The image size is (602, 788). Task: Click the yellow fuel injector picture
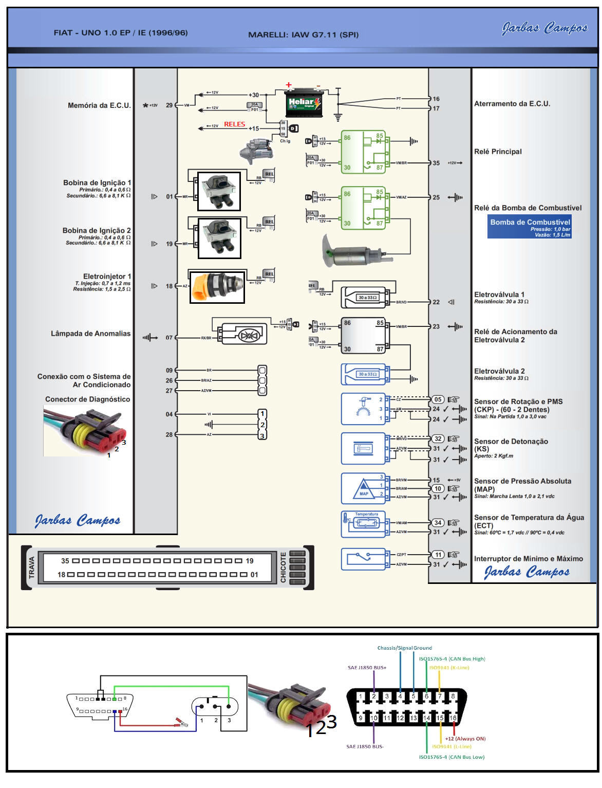[x=217, y=287]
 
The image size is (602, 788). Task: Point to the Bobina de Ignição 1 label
[x=97, y=182]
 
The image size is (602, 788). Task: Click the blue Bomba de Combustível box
[x=530, y=226]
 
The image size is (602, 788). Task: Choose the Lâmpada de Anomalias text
[x=90, y=334]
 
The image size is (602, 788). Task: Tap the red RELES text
[x=234, y=124]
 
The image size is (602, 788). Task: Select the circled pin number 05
[x=438, y=399]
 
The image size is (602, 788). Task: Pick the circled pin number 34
[x=438, y=523]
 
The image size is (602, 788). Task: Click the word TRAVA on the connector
[x=32, y=567]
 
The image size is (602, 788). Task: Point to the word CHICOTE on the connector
[x=283, y=567]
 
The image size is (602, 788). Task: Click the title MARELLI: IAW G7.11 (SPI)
[x=303, y=35]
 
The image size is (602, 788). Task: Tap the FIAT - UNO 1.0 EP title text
[x=121, y=33]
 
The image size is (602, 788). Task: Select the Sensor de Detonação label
[x=511, y=442]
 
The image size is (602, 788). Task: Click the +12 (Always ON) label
[x=465, y=739]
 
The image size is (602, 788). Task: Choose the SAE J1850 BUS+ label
[x=367, y=668]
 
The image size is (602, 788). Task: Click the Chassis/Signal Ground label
[x=404, y=648]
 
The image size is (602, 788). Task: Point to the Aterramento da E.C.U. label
[x=512, y=104]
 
